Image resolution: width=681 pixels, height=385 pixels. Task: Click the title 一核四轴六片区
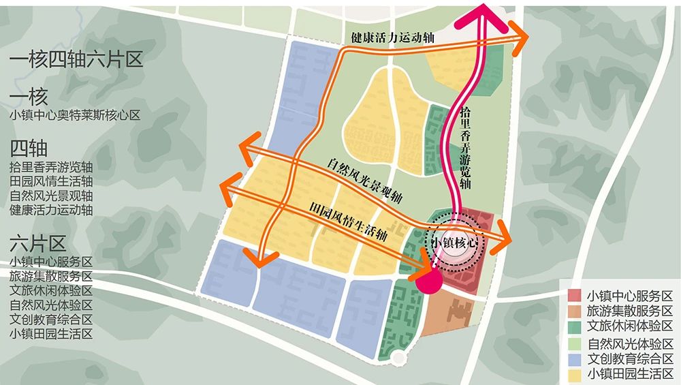point(76,59)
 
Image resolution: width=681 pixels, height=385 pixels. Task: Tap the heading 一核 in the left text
point(29,97)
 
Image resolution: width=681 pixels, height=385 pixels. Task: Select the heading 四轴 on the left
point(29,148)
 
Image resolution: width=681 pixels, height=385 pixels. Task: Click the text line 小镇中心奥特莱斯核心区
point(75,115)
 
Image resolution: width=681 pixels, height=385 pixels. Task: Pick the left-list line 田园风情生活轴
point(51,181)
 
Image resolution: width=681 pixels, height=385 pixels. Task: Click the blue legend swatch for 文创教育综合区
point(574,358)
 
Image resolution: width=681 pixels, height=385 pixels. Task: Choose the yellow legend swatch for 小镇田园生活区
point(574,374)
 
